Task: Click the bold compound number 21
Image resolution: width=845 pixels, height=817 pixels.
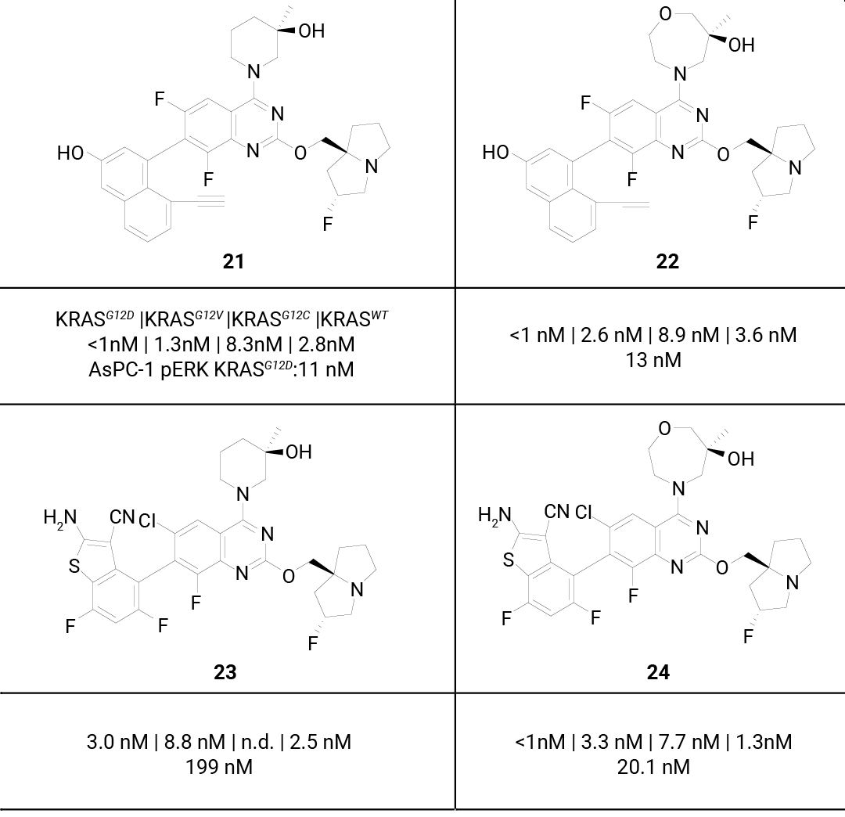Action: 233,261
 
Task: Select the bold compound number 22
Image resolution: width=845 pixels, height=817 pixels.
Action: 667,261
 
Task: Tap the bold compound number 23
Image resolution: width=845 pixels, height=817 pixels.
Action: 225,672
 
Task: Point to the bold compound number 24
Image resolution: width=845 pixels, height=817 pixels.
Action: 658,672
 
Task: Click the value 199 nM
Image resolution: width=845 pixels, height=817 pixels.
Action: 219,767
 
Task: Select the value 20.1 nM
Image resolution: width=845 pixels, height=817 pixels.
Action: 653,767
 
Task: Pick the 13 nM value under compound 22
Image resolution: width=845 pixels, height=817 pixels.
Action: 653,360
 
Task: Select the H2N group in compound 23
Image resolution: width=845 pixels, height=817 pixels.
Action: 59,518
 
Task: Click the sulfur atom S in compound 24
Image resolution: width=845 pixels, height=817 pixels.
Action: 509,560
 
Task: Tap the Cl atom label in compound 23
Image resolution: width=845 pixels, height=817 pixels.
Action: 147,520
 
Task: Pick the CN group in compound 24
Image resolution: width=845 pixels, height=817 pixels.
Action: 556,511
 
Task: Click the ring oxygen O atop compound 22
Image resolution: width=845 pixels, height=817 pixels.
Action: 666,13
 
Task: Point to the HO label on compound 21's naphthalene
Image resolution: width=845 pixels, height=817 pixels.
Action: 70,153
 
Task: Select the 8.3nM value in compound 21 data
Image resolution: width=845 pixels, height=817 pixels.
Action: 253,344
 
